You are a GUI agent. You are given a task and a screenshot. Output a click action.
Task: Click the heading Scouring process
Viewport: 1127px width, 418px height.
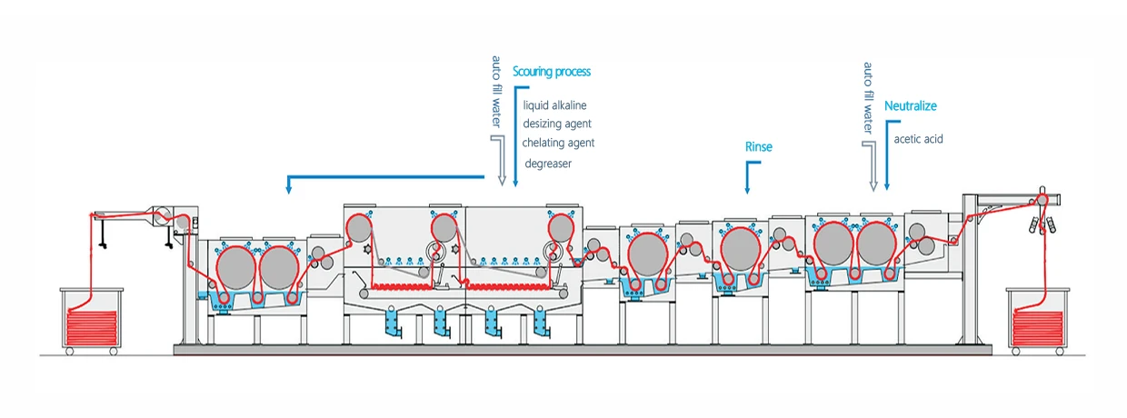pos(552,71)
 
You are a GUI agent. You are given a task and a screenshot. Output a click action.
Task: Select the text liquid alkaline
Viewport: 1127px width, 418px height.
pos(554,105)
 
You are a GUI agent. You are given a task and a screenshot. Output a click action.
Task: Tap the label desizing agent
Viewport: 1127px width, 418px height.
pos(557,124)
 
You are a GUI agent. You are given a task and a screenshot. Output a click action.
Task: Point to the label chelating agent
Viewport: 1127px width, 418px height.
pos(558,143)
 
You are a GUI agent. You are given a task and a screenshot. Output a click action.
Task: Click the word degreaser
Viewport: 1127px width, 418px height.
pos(548,164)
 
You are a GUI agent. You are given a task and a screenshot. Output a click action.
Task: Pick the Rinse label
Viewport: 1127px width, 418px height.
pos(758,146)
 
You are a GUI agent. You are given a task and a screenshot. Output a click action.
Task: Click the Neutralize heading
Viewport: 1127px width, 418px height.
pos(910,106)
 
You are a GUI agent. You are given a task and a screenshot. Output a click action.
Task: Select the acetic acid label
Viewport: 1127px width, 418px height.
pos(919,139)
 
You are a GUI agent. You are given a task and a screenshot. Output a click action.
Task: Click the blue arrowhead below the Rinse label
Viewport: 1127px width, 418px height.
pos(747,190)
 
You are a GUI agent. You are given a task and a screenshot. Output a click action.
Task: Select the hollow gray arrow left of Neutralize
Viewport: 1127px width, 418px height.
pos(873,167)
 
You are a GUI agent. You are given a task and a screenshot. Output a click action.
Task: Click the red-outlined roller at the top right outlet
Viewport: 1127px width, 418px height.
pos(1042,200)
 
